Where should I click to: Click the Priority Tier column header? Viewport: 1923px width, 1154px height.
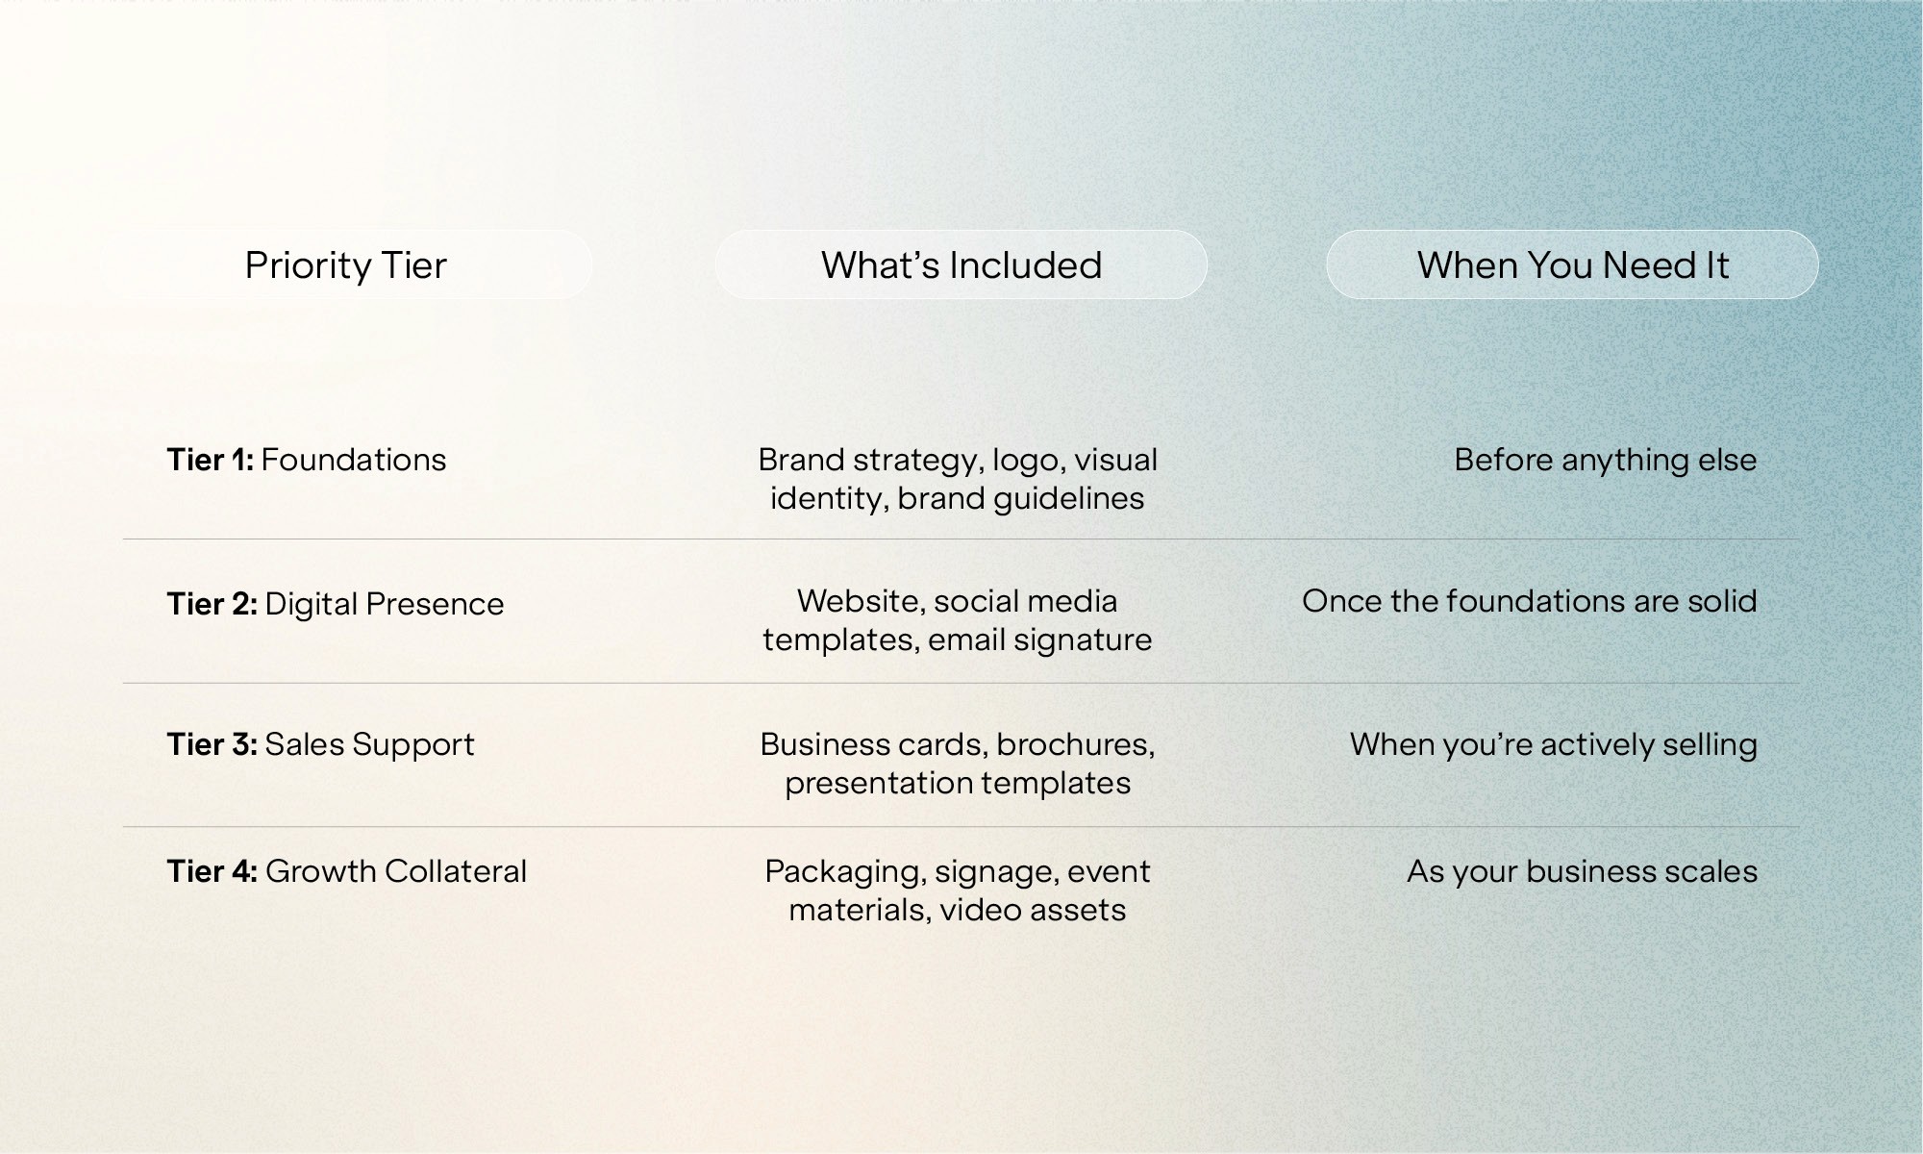click(x=346, y=264)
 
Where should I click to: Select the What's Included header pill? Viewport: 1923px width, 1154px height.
click(x=961, y=264)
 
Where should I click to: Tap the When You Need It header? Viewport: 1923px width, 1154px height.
click(x=1572, y=264)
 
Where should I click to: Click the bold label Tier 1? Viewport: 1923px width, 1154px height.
click(x=210, y=460)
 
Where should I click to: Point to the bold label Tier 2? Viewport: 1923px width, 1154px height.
click(x=212, y=604)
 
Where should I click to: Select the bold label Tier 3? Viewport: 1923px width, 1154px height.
click(x=212, y=744)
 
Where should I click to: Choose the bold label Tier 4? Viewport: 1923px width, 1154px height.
click(x=212, y=871)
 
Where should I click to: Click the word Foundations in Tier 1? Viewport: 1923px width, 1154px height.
click(x=354, y=460)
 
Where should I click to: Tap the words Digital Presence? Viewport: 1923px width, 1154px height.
click(x=385, y=604)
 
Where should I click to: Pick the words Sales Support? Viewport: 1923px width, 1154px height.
click(x=370, y=745)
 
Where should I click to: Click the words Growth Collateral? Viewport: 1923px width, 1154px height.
click(x=396, y=871)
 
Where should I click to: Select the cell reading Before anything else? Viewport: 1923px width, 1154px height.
click(x=1606, y=461)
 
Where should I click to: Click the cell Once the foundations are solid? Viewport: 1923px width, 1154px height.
click(x=1530, y=601)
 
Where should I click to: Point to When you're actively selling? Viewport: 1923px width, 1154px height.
click(x=1554, y=745)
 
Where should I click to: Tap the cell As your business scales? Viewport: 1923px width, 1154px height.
click(x=1583, y=872)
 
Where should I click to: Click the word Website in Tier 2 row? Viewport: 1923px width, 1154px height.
click(x=861, y=602)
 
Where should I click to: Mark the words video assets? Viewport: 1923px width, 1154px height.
click(x=1033, y=910)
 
